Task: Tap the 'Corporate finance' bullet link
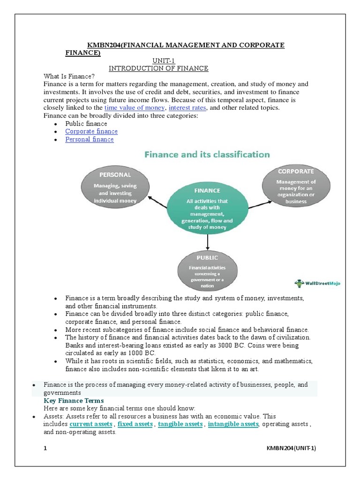pos(91,132)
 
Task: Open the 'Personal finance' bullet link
pos(90,140)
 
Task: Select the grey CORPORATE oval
pos(296,185)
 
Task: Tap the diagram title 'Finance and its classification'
pos(206,154)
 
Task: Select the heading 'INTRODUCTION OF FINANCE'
pos(158,68)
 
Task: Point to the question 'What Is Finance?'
pos(69,76)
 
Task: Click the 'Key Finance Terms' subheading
pos(74,401)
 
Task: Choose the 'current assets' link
pos(91,424)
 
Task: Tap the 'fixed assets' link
pos(135,424)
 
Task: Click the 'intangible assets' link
pos(233,424)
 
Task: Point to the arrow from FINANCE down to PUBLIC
pos(207,241)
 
